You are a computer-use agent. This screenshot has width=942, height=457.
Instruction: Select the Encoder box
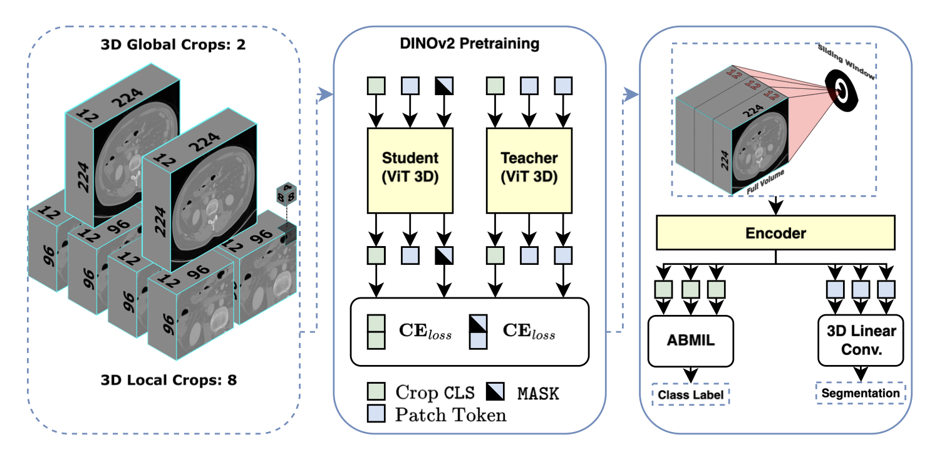tap(775, 233)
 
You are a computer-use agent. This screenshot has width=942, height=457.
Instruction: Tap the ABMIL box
tap(689, 341)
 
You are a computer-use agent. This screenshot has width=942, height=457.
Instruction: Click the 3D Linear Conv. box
tap(862, 341)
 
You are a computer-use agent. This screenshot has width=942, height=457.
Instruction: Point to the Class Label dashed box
tap(690, 395)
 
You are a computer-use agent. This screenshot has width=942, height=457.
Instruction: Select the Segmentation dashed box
tap(861, 393)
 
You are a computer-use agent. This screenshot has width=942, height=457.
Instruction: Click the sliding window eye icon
tap(841, 91)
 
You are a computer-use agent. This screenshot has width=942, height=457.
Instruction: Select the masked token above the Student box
tap(445, 85)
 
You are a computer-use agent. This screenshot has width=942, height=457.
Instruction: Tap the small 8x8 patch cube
tap(287, 195)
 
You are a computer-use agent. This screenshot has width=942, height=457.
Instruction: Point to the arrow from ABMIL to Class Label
tap(690, 374)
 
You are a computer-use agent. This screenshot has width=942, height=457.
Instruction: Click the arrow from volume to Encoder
tap(775, 204)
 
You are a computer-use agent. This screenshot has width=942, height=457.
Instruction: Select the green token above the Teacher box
tap(495, 85)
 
